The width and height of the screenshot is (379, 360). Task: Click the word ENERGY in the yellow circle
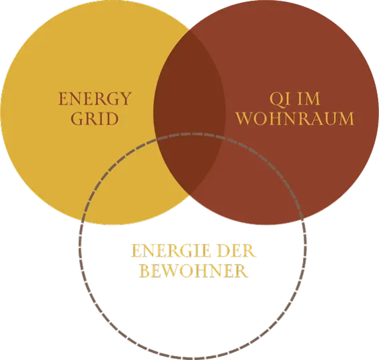[95, 99]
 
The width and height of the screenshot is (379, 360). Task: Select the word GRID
[95, 119]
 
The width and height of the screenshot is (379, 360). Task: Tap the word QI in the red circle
[280, 99]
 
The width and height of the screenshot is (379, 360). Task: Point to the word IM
[310, 99]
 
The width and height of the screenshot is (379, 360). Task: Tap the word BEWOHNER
[194, 271]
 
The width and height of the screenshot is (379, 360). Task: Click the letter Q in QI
[277, 99]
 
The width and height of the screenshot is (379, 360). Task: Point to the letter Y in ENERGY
[125, 99]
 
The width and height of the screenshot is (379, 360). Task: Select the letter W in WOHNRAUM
[245, 119]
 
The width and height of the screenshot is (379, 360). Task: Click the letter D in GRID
[112, 119]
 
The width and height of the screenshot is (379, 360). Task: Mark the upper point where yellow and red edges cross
[190, 31]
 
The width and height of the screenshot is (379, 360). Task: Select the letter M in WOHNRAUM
[345, 119]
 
